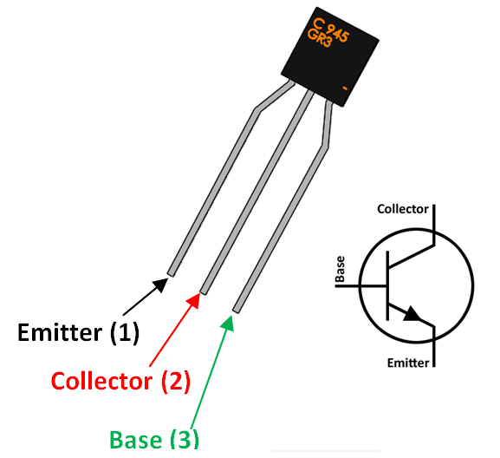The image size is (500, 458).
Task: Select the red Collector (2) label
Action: [x=120, y=380]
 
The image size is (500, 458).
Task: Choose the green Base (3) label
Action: [x=153, y=439]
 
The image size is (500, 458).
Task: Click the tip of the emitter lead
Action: [x=171, y=272]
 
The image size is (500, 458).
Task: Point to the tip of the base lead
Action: [x=237, y=307]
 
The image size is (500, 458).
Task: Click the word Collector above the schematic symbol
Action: [x=402, y=209]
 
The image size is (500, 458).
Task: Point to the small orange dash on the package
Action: [x=346, y=88]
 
